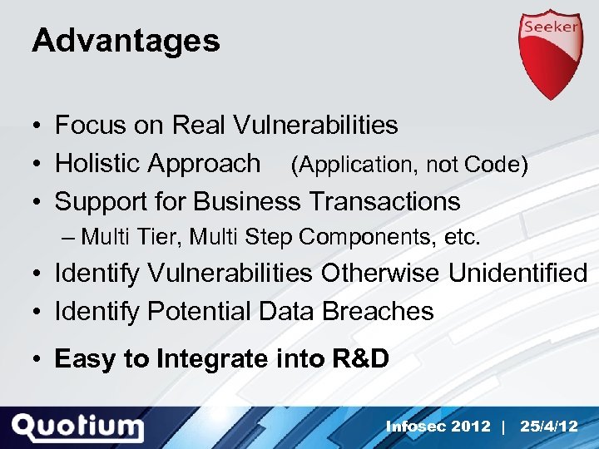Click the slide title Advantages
126,40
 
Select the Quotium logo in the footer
78,427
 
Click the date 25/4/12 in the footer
548,427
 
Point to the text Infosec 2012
438,427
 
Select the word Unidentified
518,273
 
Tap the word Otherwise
381,273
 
